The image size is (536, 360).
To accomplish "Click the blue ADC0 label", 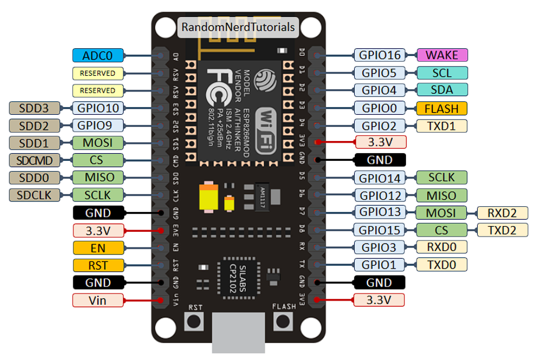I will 98,55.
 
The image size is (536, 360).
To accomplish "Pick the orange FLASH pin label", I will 442,108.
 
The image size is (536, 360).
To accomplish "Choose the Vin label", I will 98,301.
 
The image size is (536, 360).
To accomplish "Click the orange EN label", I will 98,248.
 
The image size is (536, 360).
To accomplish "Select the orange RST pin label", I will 98,265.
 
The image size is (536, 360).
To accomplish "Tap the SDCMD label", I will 35,160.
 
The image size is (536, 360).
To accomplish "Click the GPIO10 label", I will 97,108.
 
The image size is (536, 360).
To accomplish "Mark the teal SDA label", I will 442,90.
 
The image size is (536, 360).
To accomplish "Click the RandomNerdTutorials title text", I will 238,27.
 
